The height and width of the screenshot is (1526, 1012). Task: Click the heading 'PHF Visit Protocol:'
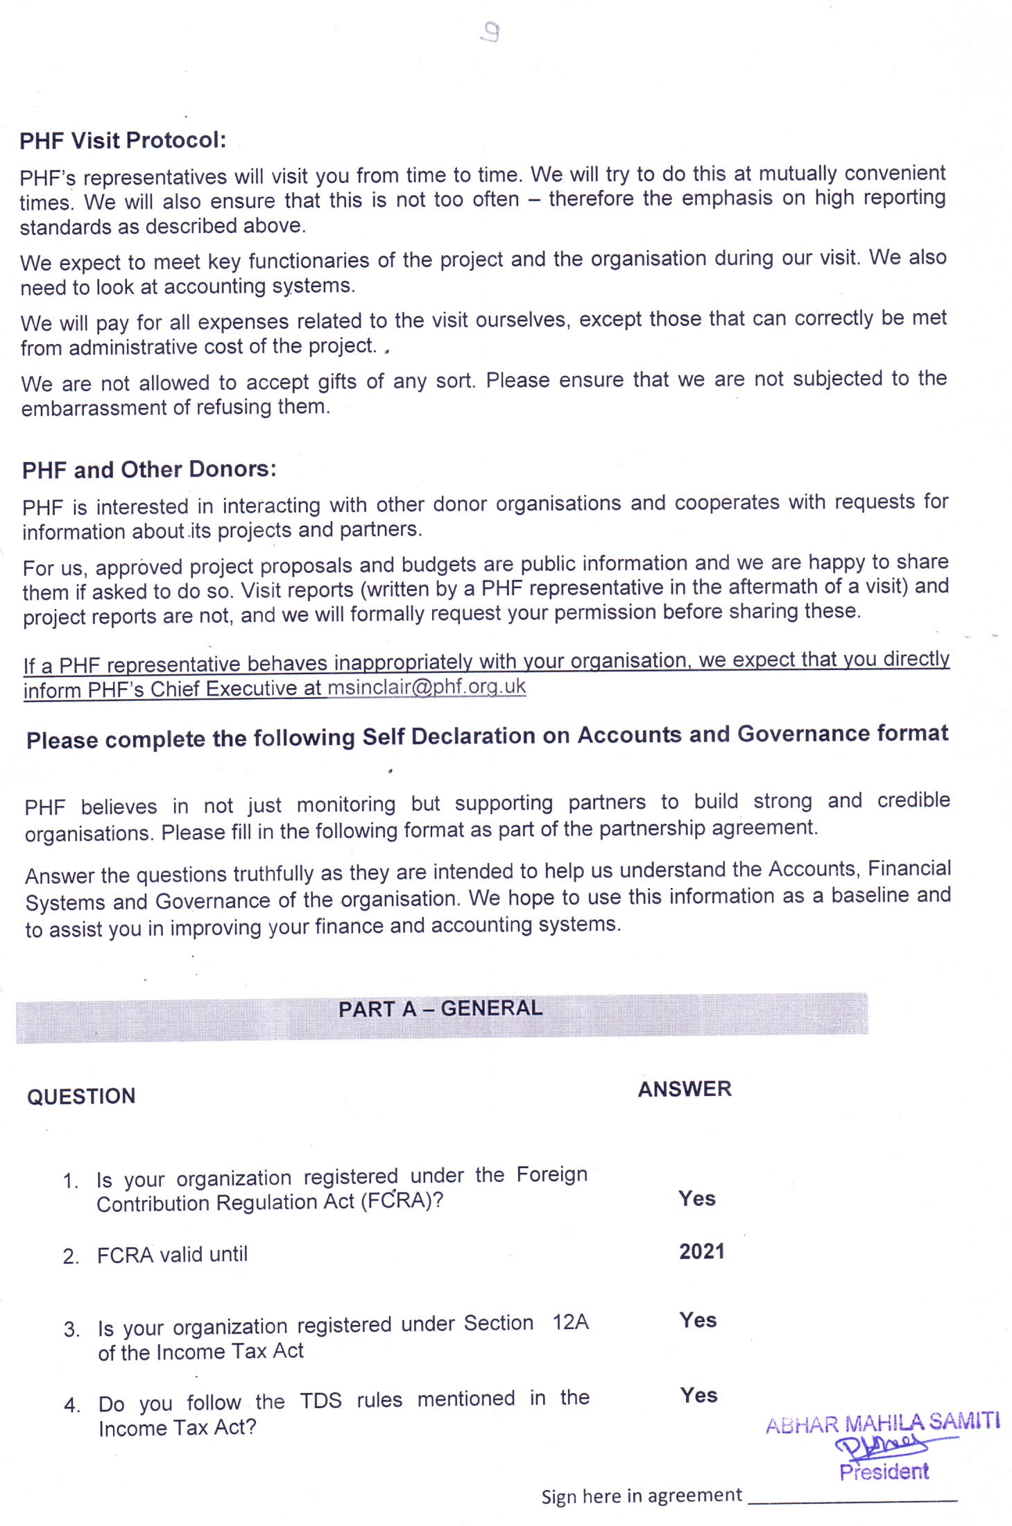123,141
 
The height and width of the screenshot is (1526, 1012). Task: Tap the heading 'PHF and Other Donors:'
149,470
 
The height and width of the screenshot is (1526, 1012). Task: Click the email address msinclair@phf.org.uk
427,687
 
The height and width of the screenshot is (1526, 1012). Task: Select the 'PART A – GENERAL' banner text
440,1009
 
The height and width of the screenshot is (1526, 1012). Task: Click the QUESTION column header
81,1097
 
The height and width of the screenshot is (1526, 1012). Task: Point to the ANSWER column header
685,1089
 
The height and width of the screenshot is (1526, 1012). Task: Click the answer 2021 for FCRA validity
701,1251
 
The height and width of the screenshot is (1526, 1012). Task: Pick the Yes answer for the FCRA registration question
697,1199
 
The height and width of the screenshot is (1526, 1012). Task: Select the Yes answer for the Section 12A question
698,1320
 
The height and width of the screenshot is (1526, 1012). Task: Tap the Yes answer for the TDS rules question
698,1395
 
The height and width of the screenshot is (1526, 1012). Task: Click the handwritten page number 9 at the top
491,32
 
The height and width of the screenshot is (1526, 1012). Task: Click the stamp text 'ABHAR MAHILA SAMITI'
882,1423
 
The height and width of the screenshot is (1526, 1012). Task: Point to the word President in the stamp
884,1471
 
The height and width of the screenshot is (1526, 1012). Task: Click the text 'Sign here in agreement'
642,1495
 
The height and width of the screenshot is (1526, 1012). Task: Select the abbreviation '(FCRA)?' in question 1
402,1201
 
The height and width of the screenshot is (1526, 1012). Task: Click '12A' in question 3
570,1322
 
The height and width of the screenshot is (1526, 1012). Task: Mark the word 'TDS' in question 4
320,1400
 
